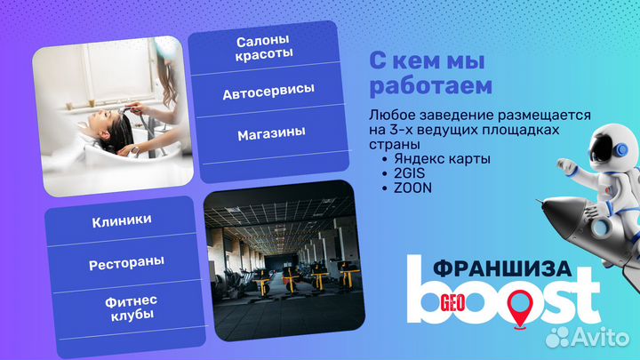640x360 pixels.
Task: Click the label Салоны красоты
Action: pyautogui.click(x=265, y=48)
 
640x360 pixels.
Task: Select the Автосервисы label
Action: pyautogui.click(x=268, y=92)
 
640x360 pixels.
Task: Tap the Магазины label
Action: pyautogui.click(x=271, y=132)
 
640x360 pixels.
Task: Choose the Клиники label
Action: pyautogui.click(x=121, y=220)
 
